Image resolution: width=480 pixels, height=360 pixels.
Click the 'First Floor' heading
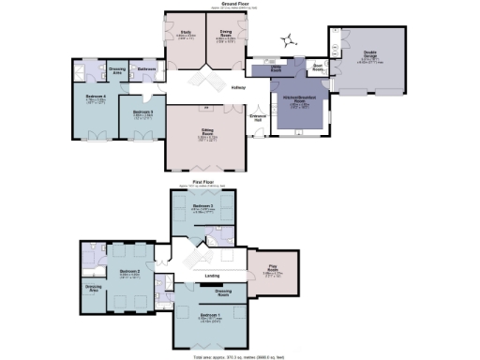(204, 181)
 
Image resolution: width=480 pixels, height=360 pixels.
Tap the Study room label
(185, 34)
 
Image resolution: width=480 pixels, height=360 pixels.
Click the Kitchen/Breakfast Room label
(299, 102)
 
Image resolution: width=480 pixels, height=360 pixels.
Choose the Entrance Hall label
(258, 118)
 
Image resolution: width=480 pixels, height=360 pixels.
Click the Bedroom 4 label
(96, 97)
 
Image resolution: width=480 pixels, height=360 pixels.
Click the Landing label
(212, 276)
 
